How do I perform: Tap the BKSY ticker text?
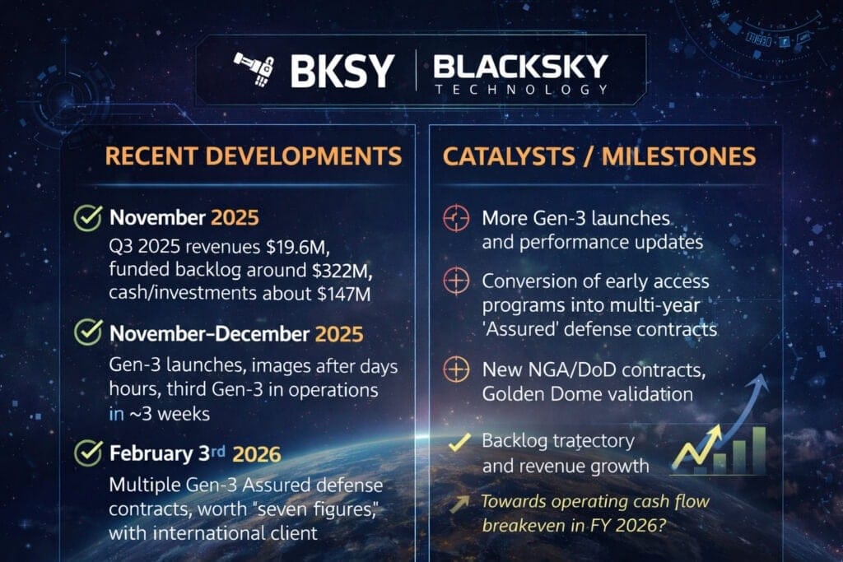(x=342, y=71)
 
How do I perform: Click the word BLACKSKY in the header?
(x=520, y=66)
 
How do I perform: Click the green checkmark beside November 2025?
(x=87, y=219)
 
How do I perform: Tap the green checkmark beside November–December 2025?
(x=87, y=333)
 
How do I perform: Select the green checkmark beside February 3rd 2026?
(x=87, y=453)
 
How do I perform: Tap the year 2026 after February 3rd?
(x=256, y=453)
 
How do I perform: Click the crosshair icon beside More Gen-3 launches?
(x=455, y=218)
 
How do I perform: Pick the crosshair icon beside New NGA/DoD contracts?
(x=455, y=370)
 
